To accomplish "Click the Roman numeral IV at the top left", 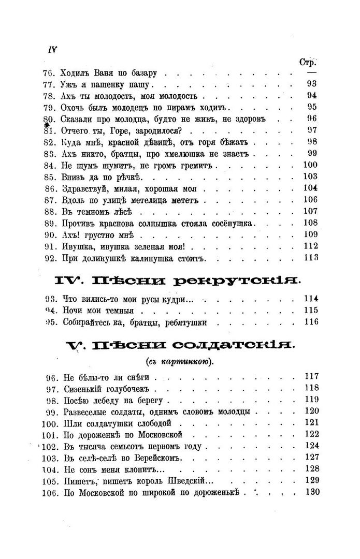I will point(52,50).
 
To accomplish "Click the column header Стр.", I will point(309,62).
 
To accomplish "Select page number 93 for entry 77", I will point(311,84).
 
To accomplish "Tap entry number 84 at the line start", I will point(49,166).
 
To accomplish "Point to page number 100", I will point(309,166).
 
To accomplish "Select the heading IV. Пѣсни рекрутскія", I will point(178,281).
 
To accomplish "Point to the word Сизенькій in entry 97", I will point(83,388).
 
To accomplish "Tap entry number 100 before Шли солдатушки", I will point(49,423).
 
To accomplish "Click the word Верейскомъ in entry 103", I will point(162,458).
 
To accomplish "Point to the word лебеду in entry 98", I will point(104,400).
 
